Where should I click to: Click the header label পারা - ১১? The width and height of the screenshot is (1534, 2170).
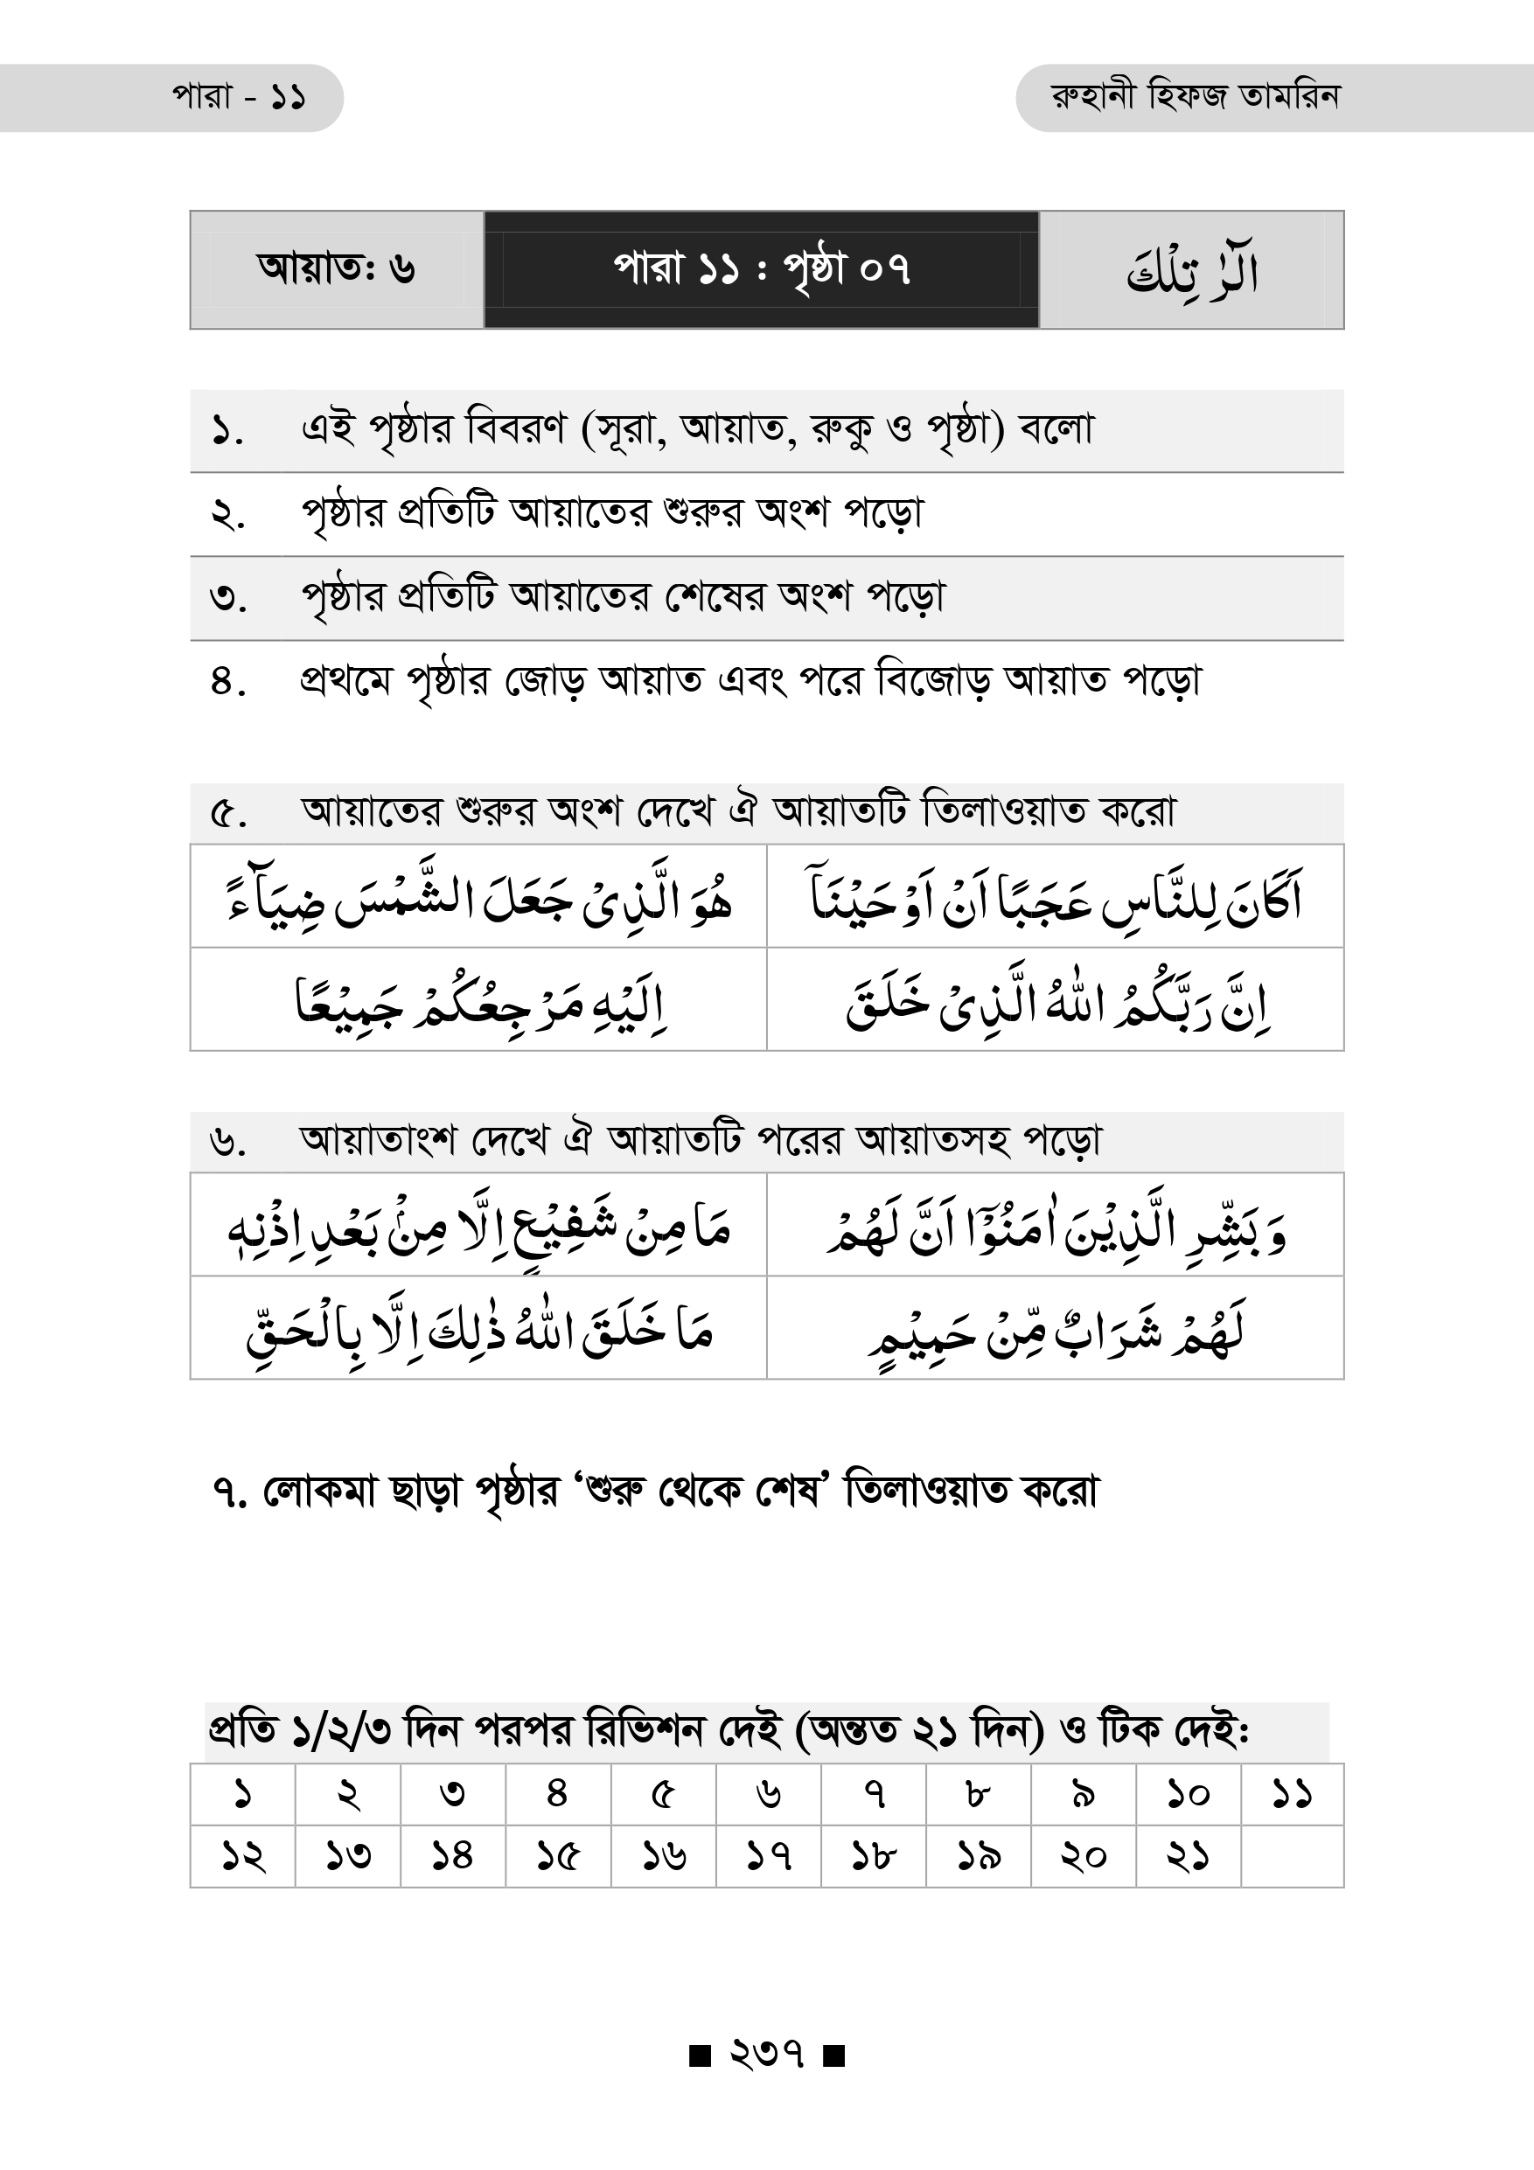(239, 97)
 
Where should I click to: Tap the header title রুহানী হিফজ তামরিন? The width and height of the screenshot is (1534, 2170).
(1195, 96)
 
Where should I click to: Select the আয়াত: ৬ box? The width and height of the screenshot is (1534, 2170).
(337, 269)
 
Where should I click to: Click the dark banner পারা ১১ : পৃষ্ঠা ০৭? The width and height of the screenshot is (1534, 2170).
(761, 269)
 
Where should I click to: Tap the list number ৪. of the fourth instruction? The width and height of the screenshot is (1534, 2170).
(227, 681)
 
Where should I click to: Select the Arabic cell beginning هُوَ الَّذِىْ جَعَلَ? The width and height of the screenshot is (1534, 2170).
(478, 897)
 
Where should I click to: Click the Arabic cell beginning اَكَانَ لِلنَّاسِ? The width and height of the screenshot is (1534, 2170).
(1055, 897)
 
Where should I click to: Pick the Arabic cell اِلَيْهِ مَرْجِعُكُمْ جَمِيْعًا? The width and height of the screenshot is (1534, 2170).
(478, 1000)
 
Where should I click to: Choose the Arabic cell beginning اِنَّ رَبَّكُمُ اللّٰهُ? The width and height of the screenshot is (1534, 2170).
(1055, 1000)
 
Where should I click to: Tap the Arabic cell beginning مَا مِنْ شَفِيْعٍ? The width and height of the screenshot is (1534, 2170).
(478, 1226)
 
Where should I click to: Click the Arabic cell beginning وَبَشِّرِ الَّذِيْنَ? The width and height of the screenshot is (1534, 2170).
(1055, 1226)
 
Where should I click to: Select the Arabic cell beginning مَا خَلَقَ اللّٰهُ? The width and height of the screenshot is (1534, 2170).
(478, 1329)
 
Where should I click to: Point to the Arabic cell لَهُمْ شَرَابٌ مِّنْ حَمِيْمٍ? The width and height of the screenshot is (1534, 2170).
(1055, 1329)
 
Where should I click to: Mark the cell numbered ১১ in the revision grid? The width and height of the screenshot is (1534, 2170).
(1291, 1794)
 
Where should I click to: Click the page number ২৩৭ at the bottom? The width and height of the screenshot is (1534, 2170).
(766, 2054)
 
